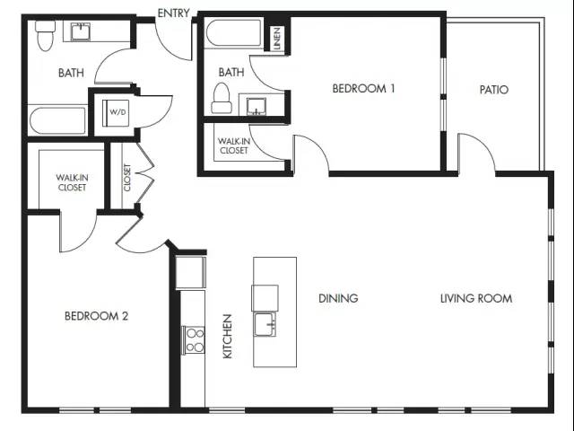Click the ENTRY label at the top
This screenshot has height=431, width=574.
(173, 13)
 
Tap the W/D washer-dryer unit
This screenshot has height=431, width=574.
(116, 113)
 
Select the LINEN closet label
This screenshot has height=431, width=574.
(277, 39)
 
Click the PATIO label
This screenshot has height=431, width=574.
(494, 90)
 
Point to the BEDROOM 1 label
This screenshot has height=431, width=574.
(363, 88)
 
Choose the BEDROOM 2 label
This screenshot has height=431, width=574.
(96, 316)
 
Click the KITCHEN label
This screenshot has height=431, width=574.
(227, 337)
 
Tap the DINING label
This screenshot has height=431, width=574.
(338, 298)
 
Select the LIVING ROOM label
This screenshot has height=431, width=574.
(476, 298)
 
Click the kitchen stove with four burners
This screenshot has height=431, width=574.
(194, 339)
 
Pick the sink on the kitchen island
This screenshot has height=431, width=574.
(265, 324)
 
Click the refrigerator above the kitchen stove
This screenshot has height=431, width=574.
(190, 272)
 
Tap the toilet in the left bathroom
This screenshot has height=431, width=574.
(46, 36)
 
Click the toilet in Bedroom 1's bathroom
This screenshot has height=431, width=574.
(222, 98)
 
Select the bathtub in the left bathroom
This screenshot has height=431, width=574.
(57, 120)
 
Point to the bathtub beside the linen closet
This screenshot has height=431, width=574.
(233, 33)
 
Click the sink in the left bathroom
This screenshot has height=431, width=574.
(81, 31)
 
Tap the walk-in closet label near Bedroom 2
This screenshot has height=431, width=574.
(72, 182)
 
